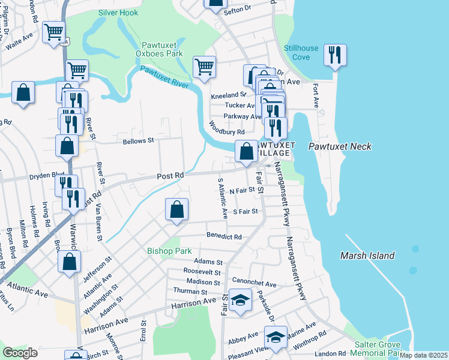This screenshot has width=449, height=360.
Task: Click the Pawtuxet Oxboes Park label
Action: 162,49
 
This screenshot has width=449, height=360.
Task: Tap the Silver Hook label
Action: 118,13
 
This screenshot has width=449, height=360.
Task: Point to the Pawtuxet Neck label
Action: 340,146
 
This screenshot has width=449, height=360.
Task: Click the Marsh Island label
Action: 367,256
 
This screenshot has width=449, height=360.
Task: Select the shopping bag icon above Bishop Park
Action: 176,210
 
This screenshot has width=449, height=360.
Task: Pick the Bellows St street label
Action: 139,141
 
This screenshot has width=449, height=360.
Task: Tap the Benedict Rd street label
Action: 223,237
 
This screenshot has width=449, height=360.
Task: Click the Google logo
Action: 20,353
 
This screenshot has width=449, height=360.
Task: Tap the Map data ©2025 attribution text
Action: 424,355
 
